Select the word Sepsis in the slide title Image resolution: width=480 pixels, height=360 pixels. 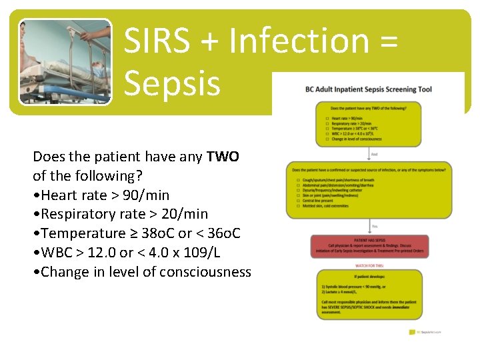coord(172,83)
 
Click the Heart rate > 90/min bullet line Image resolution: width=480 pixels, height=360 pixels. coord(101,195)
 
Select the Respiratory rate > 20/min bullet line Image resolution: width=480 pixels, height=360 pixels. coord(120,214)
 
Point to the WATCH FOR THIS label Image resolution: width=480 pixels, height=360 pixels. coord(368,265)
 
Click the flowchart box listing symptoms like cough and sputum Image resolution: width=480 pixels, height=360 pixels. coord(368,191)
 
